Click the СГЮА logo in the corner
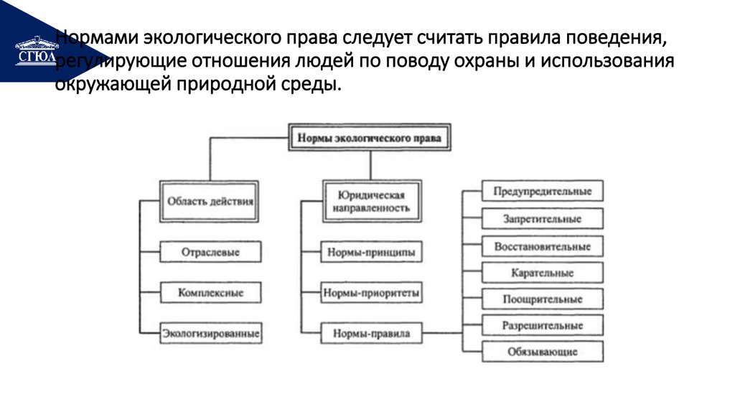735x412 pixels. coord(35,50)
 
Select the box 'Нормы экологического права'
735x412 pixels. coord(370,137)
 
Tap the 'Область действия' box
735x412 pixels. coord(210,201)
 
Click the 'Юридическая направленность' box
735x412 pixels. coord(370,201)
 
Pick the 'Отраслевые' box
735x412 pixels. coord(210,253)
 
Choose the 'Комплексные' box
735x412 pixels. coord(210,293)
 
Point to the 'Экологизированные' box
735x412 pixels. coord(210,334)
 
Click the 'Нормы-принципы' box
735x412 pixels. coord(370,253)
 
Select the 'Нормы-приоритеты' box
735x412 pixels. coord(370,293)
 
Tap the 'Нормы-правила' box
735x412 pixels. coord(370,334)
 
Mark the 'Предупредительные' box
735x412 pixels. coord(542,192)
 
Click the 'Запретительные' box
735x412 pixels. coord(542,219)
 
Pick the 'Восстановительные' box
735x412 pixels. coord(542,246)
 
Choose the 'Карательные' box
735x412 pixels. coord(542,273)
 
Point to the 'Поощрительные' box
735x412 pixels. coord(542,299)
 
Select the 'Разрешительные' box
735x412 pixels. coord(542,326)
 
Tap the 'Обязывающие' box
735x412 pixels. coord(542,352)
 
